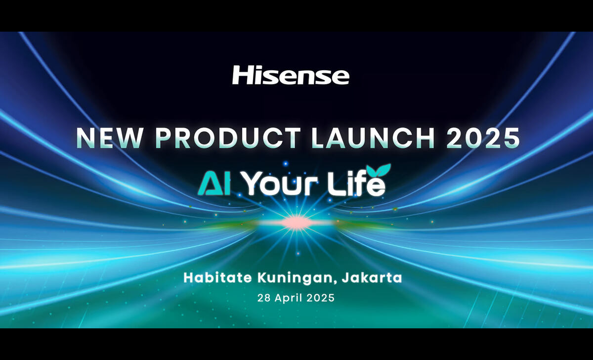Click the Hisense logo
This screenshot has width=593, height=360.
click(291, 75)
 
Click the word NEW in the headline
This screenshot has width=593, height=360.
click(109, 138)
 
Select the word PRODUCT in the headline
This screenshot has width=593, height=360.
click(228, 138)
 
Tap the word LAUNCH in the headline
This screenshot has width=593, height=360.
click(373, 138)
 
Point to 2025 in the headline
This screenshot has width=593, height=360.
click(483, 138)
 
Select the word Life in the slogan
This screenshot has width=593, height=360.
click(356, 183)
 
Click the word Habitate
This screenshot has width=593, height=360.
click(217, 277)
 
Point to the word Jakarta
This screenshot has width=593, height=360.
click(372, 278)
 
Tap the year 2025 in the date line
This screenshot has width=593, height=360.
click(320, 298)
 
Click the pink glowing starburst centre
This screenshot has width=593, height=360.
click(296, 222)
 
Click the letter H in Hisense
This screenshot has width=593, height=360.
click(241, 75)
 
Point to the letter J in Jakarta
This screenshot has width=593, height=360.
click(345, 277)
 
